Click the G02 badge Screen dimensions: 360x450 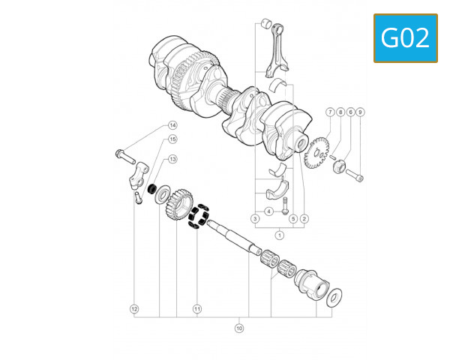pyautogui.click(x=406, y=37)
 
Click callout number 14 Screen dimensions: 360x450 pyautogui.click(x=172, y=125)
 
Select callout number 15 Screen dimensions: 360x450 pyautogui.click(x=172, y=139)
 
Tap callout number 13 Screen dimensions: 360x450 pyautogui.click(x=172, y=159)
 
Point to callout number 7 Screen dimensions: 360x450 pyautogui.click(x=329, y=112)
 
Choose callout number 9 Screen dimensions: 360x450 pyautogui.click(x=361, y=112)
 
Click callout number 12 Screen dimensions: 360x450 pyautogui.click(x=134, y=308)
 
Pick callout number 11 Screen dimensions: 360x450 pyautogui.click(x=197, y=308)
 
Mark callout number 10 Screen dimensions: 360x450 pyautogui.click(x=240, y=328)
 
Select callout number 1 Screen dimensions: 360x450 pyautogui.click(x=280, y=235)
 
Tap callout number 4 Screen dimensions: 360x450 pyautogui.click(x=268, y=211)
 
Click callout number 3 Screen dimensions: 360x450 pyautogui.click(x=255, y=218)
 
